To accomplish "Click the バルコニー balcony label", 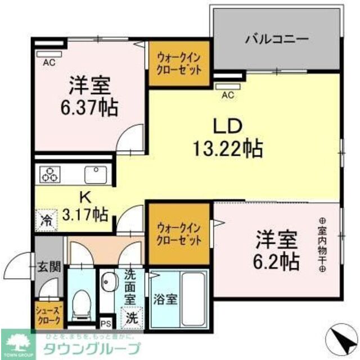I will tap(276, 40).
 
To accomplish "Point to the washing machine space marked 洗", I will tap(131, 317).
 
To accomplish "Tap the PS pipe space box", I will tap(105, 324).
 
